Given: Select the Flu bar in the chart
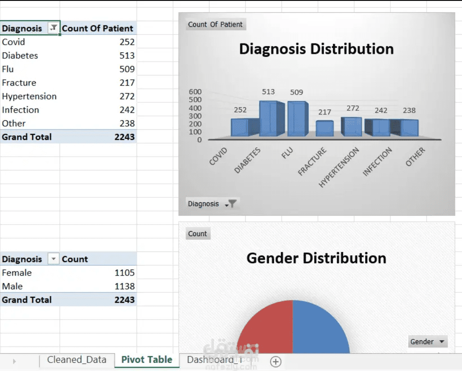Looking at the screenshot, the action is click(x=298, y=119).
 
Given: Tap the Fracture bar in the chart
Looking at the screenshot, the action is click(x=325, y=128).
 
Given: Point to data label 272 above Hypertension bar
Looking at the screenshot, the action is click(x=352, y=108).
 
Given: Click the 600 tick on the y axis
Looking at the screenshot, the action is click(x=195, y=92).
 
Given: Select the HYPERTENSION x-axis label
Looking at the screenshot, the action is click(x=339, y=167).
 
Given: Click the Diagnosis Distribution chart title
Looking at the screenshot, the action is click(x=316, y=49).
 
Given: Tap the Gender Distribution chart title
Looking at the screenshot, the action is click(x=316, y=258).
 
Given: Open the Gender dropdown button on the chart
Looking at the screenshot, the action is click(x=428, y=342).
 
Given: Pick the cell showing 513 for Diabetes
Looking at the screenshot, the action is click(x=127, y=55).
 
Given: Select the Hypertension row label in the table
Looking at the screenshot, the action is click(x=29, y=96).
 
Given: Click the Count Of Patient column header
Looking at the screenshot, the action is click(x=98, y=29).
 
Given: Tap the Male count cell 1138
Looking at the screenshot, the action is click(x=124, y=286).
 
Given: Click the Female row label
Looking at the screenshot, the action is click(x=17, y=272).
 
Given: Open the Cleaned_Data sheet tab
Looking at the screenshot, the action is click(x=76, y=360).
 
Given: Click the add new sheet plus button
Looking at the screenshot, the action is click(x=276, y=361).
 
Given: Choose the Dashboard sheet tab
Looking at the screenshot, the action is click(x=214, y=360).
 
